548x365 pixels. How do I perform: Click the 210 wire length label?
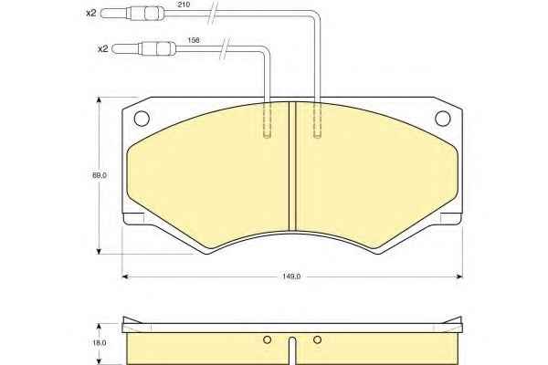click(184, 5)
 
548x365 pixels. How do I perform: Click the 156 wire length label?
click(194, 40)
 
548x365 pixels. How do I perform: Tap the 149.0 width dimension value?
click(291, 276)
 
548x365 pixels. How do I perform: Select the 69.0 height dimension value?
click(100, 175)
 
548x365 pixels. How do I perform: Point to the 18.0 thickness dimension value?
click(100, 343)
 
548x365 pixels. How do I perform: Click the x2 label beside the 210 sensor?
click(90, 14)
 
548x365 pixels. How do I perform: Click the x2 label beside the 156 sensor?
click(102, 49)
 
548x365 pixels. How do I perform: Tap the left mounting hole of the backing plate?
click(142, 118)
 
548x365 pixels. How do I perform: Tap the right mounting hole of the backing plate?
click(442, 118)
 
